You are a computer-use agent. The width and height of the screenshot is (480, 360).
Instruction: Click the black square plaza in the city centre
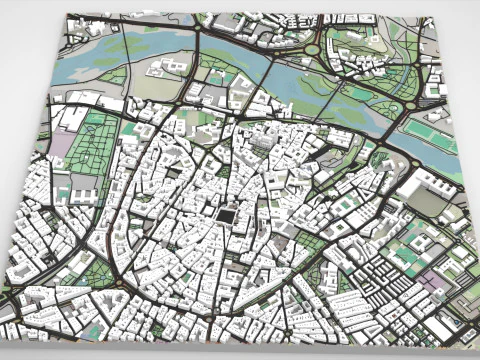coord(227,216)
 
